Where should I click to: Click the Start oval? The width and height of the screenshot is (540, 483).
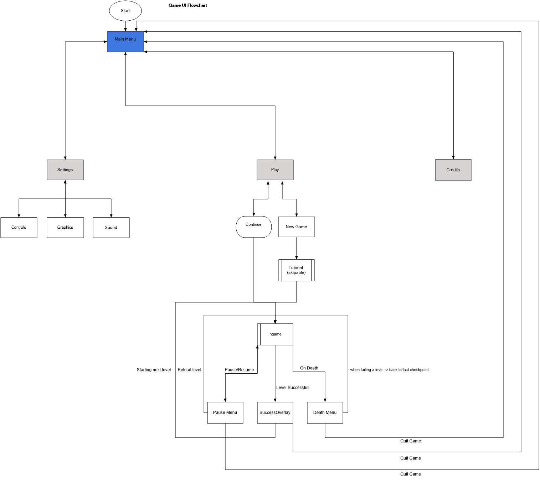coord(125,11)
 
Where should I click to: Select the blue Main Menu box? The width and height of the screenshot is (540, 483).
coord(125,42)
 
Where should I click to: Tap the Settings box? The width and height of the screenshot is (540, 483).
coord(65,170)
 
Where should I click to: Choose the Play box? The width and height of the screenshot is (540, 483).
coord(275,170)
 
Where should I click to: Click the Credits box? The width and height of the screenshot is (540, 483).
coord(453,170)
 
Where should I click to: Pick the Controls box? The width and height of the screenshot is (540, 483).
coord(19,228)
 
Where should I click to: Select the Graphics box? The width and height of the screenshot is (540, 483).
coord(65,228)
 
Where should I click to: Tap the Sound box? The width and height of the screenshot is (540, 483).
coord(111,228)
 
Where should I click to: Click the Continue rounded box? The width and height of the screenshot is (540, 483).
coord(253,227)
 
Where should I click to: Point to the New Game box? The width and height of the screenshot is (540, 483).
coord(296,227)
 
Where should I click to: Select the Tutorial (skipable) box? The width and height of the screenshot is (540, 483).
coord(296,270)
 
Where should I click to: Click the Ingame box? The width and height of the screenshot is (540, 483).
coord(275,334)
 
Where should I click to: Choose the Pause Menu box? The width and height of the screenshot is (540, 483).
coord(225,412)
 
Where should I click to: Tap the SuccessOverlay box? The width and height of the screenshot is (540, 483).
coord(275,412)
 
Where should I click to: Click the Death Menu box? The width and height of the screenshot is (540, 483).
coord(325,412)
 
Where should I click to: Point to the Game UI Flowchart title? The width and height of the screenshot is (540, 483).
coord(187,5)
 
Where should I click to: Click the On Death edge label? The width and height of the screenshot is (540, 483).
coord(309,368)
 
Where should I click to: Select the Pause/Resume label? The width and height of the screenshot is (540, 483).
coord(239,370)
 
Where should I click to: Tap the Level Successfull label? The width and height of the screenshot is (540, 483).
coord(293,388)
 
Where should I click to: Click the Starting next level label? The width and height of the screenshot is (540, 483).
coord(154,370)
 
